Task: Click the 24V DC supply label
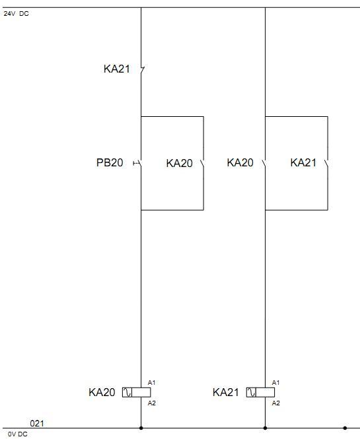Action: click(16, 13)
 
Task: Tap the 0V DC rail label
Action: click(18, 434)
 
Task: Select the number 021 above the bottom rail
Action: click(37, 423)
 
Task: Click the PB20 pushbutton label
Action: click(110, 162)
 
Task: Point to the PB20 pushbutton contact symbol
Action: click(137, 163)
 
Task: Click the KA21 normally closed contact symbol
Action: click(142, 69)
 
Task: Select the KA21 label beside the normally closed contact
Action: click(116, 69)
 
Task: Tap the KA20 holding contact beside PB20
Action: click(203, 163)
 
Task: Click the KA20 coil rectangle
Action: click(137, 392)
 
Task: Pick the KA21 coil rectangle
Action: click(260, 392)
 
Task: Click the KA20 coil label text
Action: click(102, 392)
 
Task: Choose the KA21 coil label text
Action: click(225, 392)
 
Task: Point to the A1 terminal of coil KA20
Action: click(151, 382)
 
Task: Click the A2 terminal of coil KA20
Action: click(151, 403)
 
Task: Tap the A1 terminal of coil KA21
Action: click(275, 382)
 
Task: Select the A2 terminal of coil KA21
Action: click(275, 403)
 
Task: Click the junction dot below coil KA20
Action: click(141, 428)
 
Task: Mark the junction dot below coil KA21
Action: click(265, 428)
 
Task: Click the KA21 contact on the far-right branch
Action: click(327, 163)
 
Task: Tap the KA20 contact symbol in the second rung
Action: click(264, 163)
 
